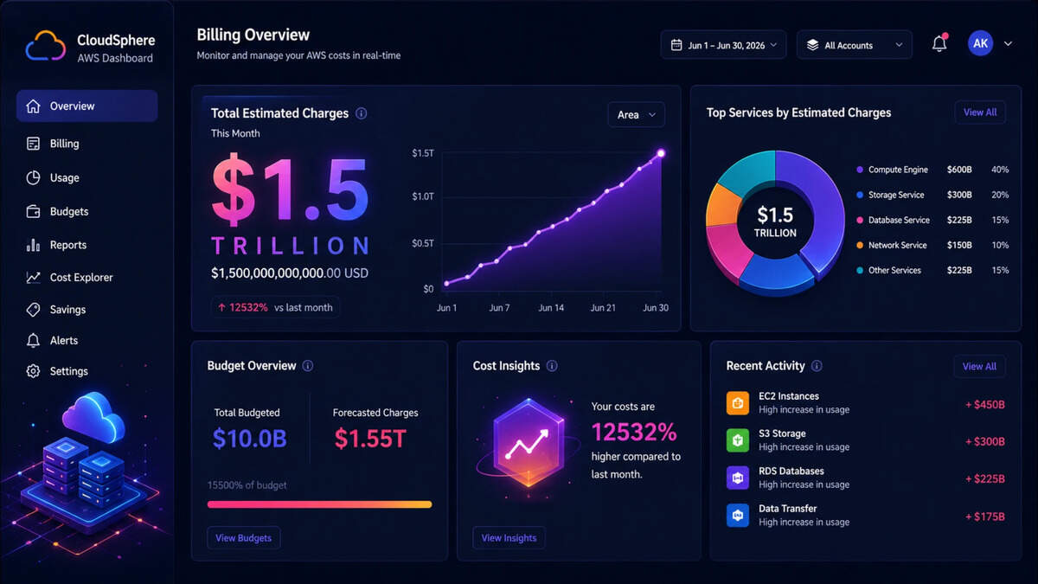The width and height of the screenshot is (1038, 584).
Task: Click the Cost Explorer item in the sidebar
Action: [69, 277]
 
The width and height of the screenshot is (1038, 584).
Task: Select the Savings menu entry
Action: [56, 309]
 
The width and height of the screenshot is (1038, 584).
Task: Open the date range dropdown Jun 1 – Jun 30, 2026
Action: [723, 45]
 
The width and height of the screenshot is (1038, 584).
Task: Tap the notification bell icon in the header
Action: [939, 43]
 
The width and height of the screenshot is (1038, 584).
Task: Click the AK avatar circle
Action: [980, 43]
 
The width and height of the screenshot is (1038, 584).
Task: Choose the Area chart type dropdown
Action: [636, 114]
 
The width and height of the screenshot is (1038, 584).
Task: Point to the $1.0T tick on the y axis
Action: [423, 196]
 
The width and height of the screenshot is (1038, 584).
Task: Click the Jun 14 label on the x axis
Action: [551, 308]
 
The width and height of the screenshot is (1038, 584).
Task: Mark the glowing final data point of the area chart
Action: [661, 153]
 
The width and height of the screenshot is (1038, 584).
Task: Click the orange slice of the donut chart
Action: [722, 205]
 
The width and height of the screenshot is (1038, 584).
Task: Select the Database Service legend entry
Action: [894, 220]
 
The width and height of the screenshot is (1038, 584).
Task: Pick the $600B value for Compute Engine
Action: [959, 170]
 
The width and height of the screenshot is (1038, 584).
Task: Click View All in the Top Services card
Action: [979, 112]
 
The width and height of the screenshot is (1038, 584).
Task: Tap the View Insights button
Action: [509, 537]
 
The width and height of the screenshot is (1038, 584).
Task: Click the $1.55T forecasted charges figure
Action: [370, 439]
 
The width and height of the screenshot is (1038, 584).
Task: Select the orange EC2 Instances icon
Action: [738, 403]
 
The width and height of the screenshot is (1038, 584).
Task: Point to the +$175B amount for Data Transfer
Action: [984, 517]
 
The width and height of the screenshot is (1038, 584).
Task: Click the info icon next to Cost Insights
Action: [552, 366]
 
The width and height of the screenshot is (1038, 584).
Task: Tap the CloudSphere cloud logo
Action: [45, 46]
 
